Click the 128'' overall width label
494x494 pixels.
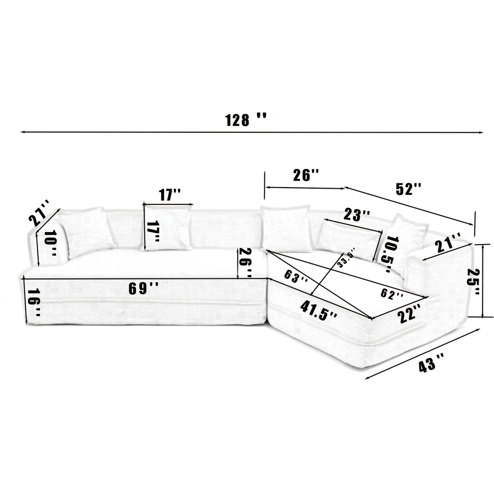tap(246, 120)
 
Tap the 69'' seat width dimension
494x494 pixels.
tap(143, 288)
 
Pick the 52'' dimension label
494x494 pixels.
tap(408, 189)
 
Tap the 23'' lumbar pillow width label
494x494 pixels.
tap(357, 215)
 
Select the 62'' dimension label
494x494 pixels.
tap(391, 294)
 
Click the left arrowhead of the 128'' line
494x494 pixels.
tap(23, 131)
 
